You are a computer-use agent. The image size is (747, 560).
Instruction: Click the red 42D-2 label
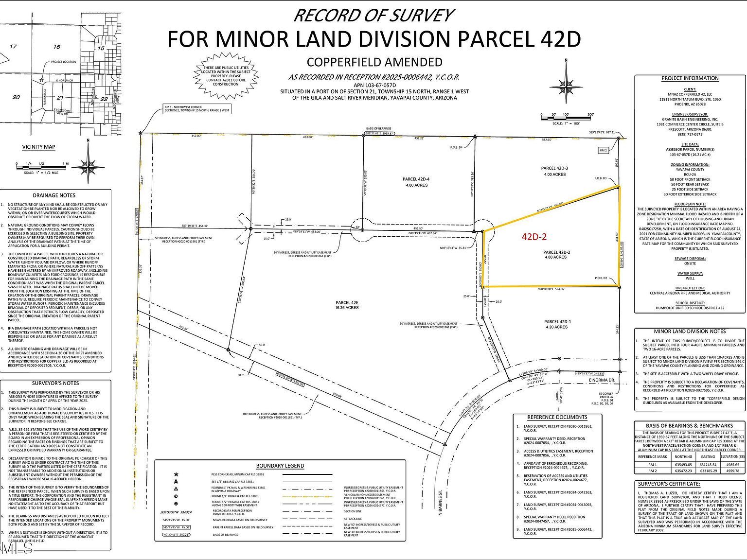tap(534, 237)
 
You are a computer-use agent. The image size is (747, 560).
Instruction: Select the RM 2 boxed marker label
tap(604, 150)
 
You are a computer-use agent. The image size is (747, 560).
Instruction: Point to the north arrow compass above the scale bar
tap(566, 81)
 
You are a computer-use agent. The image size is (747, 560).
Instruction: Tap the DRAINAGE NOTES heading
tap(54, 195)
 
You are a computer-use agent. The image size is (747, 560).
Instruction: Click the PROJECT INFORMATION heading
tap(690, 78)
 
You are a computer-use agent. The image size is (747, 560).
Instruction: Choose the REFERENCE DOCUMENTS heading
tap(557, 417)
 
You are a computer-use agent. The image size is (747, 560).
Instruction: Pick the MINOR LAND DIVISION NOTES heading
tap(690, 331)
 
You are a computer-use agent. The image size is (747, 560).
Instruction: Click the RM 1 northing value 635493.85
tap(683, 464)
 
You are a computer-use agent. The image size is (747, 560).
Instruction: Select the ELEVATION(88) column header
tap(732, 456)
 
